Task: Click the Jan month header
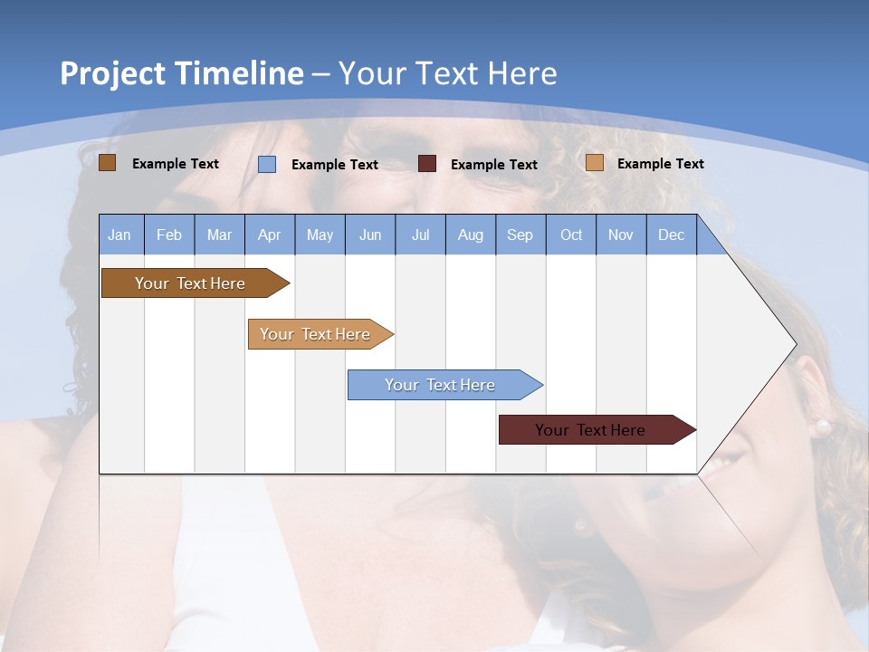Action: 119,235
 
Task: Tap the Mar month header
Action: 219,235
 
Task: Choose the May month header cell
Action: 320,235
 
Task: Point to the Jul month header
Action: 420,235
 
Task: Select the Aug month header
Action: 470,235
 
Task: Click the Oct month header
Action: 570,235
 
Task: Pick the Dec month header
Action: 671,235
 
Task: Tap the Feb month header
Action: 169,235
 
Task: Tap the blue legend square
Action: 267,164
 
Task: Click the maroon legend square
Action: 427,164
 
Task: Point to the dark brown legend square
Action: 108,163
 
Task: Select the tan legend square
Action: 595,163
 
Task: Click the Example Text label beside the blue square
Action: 335,165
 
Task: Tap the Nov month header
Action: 621,235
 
